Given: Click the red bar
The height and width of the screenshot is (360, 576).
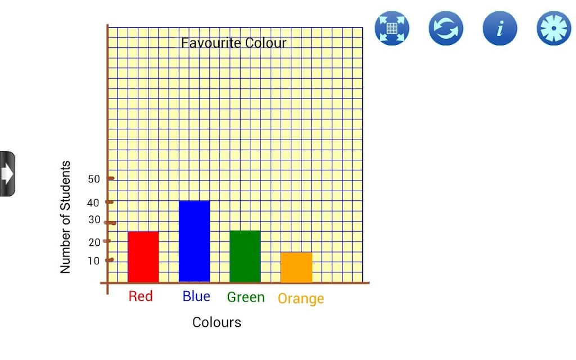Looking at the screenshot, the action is [x=143, y=256].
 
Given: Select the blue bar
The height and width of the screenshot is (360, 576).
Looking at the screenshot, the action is [x=194, y=241].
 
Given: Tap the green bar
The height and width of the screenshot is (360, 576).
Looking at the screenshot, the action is [x=245, y=256].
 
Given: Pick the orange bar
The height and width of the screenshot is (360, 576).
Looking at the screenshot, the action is [x=296, y=267].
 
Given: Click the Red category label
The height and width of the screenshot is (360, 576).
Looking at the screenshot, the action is [x=140, y=296].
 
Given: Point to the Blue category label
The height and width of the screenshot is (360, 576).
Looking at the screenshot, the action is [x=196, y=296].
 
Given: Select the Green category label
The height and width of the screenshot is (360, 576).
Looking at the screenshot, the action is [x=246, y=297].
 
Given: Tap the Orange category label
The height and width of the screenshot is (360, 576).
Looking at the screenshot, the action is [x=301, y=299].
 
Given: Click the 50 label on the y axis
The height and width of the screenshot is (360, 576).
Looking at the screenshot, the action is [x=94, y=179].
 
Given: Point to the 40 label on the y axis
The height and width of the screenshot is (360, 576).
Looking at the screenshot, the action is [x=93, y=202].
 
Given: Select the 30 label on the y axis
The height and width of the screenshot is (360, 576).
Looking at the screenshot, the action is [x=94, y=220].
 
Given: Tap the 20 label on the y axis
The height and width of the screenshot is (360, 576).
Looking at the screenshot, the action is [x=94, y=242].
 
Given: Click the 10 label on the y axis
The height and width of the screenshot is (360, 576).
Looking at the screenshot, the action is [x=94, y=261].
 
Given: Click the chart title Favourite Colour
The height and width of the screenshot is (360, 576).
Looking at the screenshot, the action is [x=233, y=43].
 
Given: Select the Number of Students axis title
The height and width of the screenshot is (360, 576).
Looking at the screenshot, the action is [x=65, y=217].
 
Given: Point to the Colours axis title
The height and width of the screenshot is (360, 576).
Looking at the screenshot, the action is [x=217, y=322].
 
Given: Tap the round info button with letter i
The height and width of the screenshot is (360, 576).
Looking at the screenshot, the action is [x=500, y=28].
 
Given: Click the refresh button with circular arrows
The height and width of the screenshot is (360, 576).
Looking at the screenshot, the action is [x=446, y=28].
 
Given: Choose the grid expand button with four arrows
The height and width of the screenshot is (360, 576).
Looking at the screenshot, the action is [x=392, y=28].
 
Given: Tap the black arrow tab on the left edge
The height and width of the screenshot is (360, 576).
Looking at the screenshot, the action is [x=7, y=174].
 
